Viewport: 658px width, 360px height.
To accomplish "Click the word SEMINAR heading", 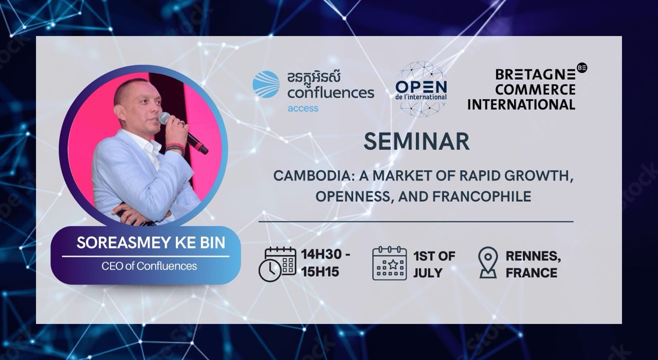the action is (416, 141).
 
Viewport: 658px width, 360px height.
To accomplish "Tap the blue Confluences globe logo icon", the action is (266, 84).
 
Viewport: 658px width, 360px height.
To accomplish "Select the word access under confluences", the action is (303, 109).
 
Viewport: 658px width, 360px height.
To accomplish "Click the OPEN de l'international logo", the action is (421, 89).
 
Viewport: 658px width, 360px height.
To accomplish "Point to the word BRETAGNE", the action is (535, 75).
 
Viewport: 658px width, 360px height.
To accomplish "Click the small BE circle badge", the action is (582, 67).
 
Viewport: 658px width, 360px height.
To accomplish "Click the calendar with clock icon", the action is (277, 264).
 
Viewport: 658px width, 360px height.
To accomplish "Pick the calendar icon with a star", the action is (390, 263).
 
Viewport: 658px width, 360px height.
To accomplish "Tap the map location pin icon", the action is (488, 262).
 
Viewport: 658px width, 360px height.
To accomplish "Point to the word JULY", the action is (428, 273).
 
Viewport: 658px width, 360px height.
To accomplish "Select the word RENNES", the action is (533, 256).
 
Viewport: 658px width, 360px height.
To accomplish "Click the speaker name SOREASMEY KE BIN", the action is (151, 242).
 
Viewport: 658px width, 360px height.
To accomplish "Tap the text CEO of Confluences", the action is (149, 266).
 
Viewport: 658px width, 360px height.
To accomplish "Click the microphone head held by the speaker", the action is (164, 118).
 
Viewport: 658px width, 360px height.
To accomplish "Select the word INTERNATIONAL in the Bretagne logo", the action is (521, 104).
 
